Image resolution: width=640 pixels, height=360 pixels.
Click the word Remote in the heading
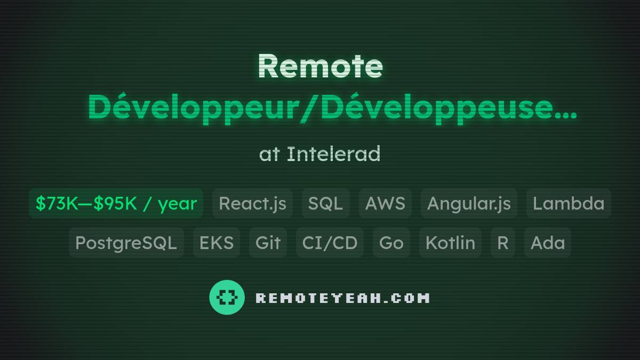(320, 66)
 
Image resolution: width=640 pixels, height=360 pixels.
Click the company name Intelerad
(333, 154)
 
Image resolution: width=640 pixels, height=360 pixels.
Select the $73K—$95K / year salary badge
(116, 203)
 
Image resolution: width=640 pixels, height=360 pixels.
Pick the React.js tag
(252, 203)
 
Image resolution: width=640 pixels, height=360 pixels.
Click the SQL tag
(325, 203)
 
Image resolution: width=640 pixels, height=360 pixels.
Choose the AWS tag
(385, 203)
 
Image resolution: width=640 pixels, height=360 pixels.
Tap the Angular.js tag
(469, 203)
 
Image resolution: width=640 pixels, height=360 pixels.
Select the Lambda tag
(569, 203)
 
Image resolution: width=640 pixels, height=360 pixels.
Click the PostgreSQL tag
(126, 243)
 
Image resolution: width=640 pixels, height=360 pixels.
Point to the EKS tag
(216, 243)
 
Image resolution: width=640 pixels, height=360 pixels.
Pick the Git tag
(268, 243)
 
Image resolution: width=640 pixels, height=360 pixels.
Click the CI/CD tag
(330, 243)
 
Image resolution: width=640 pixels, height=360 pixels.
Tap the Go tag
(391, 243)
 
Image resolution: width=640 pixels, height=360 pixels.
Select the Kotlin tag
(450, 243)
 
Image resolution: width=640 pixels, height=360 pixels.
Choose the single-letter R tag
(502, 243)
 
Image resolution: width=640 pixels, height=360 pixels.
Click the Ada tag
(547, 243)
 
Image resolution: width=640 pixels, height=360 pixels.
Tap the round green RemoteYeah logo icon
(227, 297)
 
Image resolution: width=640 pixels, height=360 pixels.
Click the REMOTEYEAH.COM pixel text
(342, 298)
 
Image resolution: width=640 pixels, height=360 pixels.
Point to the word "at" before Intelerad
(269, 155)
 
